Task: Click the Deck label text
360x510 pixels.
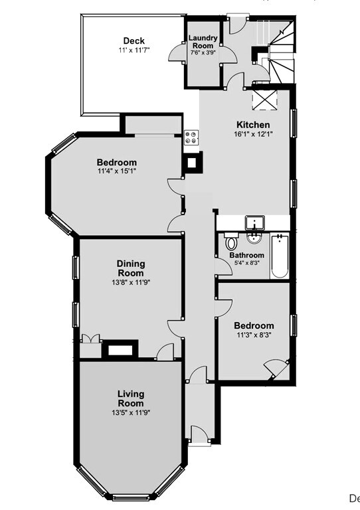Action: pos(134,41)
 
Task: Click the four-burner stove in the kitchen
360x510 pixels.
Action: pos(192,137)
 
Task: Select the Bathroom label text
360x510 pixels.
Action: pos(246,255)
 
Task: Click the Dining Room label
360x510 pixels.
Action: pos(130,268)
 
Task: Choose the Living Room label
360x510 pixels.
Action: pos(130,398)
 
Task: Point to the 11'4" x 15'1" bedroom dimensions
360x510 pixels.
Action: pos(117,173)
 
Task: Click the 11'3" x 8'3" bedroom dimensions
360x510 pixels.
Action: pos(254,336)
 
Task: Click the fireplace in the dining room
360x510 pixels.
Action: pos(120,348)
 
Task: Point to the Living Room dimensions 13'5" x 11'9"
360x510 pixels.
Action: pos(130,412)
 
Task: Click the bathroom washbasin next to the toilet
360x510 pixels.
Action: pos(254,239)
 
